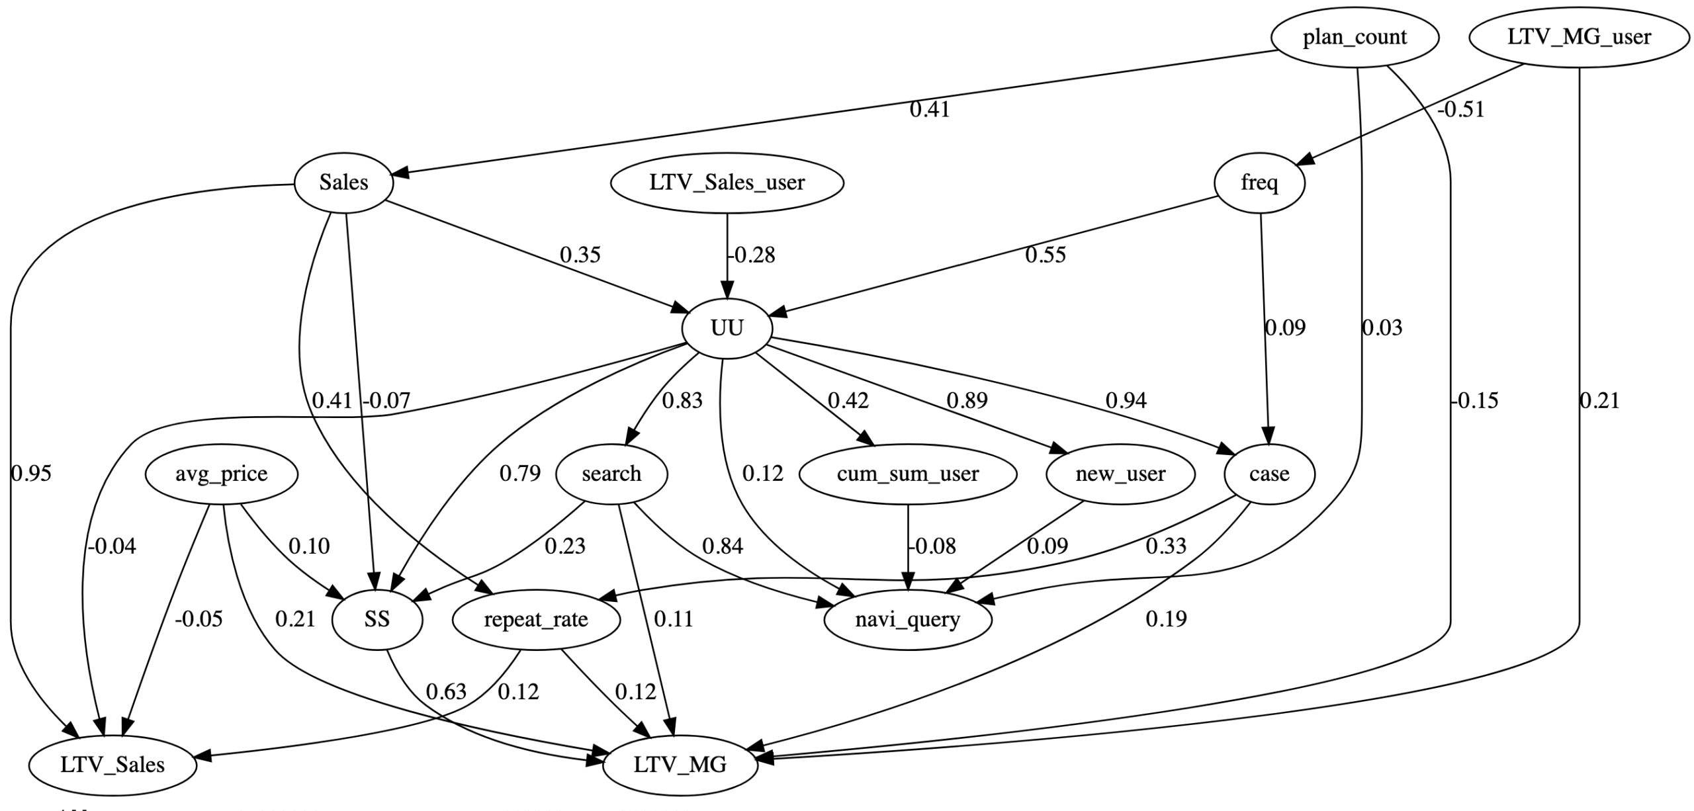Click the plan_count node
[x=1355, y=37]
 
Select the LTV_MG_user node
[x=1579, y=37]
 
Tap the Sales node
[x=343, y=183]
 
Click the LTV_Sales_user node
[x=727, y=183]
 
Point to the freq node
[x=1259, y=183]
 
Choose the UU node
[x=727, y=328]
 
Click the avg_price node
[x=221, y=474]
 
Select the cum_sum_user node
[x=907, y=474]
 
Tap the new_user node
[x=1120, y=474]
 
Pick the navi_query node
[x=907, y=620]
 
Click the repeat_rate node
[x=536, y=620]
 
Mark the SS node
[x=377, y=620]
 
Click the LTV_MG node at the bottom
[x=680, y=765]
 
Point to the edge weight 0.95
[x=31, y=474]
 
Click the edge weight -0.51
[x=1460, y=110]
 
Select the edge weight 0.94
[x=1126, y=401]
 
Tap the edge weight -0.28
[x=751, y=255]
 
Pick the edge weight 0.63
[x=446, y=692]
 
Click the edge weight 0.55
[x=1046, y=255]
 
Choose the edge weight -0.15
[x=1474, y=401]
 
